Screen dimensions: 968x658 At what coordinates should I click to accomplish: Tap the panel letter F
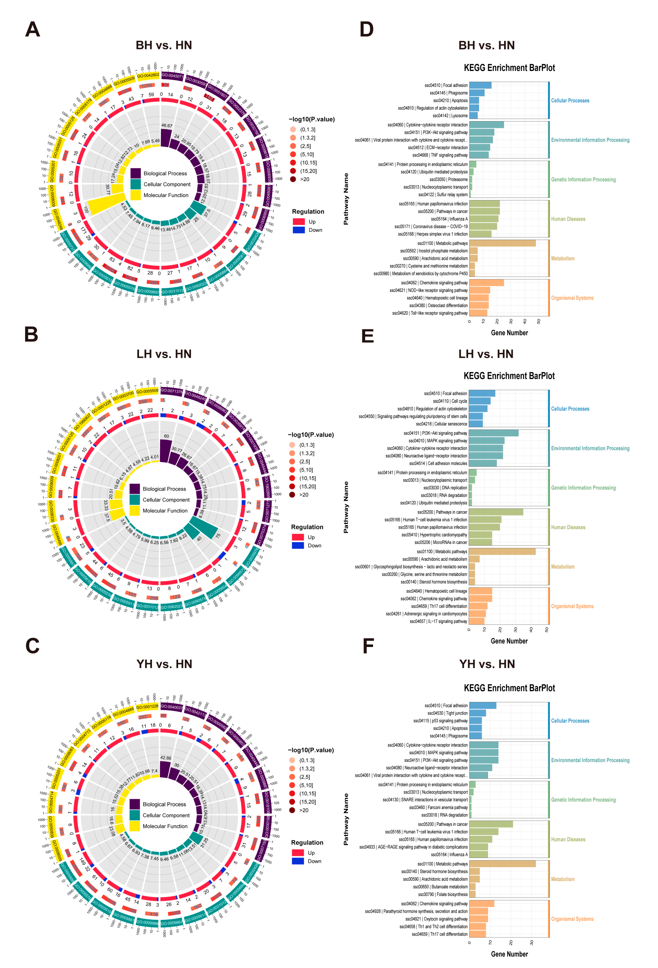coord(368,646)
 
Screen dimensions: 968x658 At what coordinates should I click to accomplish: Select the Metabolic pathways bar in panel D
coord(502,243)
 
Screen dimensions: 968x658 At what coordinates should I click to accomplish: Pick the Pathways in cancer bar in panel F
coord(491,824)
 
